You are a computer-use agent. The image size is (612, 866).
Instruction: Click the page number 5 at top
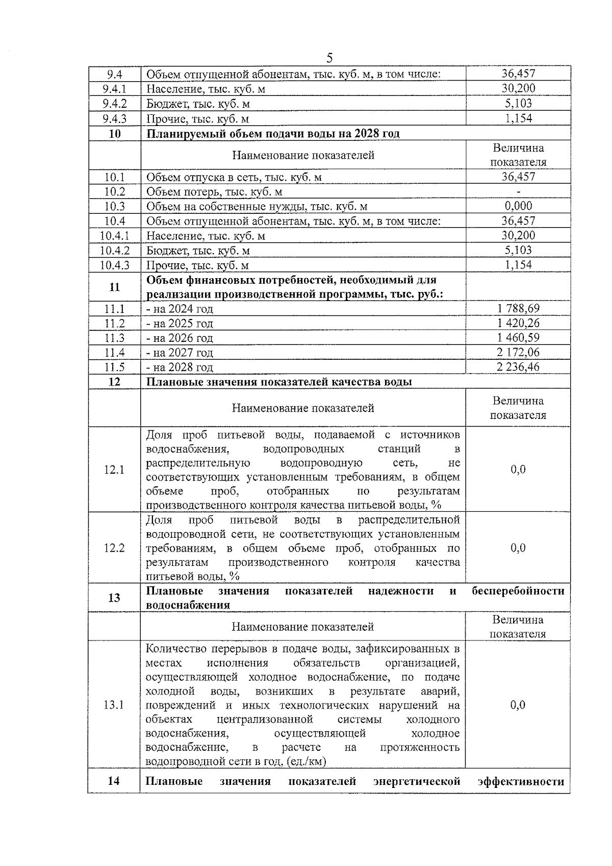329,57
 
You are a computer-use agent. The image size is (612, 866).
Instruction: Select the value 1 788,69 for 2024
518,308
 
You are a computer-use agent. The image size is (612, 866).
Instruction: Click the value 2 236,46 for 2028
518,367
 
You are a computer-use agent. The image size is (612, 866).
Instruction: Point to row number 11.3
114,338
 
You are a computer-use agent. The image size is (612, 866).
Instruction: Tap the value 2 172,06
518,352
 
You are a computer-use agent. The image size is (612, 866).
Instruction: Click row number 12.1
114,469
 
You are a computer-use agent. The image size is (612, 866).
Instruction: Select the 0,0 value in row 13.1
518,705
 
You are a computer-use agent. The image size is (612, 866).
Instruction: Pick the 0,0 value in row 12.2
518,548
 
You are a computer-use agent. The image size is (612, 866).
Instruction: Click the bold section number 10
114,134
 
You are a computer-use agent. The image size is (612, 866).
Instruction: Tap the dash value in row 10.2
518,192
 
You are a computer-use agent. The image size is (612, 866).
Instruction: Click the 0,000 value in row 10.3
518,206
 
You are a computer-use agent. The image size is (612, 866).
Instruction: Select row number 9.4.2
114,104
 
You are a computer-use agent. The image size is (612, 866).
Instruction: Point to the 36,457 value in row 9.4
518,74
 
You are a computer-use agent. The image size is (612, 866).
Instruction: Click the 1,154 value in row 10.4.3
518,265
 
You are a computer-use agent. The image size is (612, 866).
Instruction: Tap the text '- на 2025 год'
180,324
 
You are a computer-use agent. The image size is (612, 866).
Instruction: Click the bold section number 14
114,781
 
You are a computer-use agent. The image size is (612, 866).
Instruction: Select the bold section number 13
114,598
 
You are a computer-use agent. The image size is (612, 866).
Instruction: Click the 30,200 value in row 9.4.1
518,89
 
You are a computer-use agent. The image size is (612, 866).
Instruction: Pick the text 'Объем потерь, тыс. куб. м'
214,192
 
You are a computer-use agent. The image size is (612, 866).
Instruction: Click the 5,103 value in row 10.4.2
518,250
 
